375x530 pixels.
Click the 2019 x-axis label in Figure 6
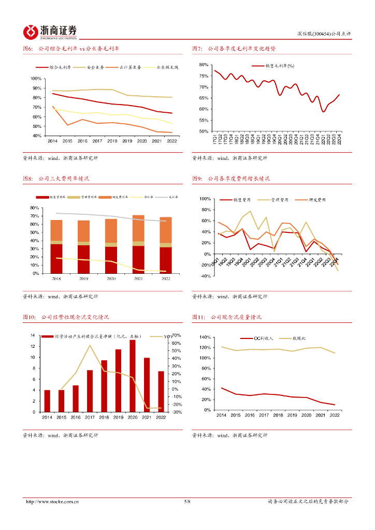127,141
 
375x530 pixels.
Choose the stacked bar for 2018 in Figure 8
56,246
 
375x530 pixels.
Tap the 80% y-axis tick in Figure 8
36,208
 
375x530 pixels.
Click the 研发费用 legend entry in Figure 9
316,199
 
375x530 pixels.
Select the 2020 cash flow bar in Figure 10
133,376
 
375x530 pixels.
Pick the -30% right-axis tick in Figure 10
177,412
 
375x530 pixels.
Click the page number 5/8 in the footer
187,502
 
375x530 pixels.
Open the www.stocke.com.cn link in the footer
52,502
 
